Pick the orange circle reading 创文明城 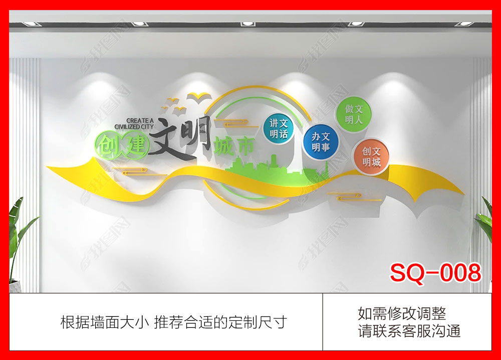pos(371,157)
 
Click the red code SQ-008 pos(435,272)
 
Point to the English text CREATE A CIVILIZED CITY pos(134,124)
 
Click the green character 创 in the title pos(109,146)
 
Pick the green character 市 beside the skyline pos(245,146)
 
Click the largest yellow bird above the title pos(199,96)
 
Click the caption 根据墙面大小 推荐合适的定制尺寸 pos(174,322)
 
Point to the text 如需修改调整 pos(402,314)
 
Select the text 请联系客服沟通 pos(409,331)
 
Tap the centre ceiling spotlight pos(247,24)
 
